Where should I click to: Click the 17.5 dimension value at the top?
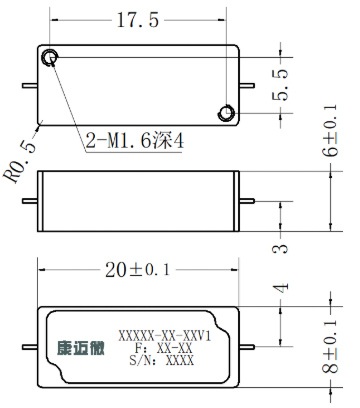pos(138,20)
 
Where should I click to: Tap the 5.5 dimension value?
pos(280,85)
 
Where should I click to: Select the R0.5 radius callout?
pos(20,163)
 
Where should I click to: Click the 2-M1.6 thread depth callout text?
pos(135,141)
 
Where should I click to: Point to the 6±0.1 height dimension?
pos(330,130)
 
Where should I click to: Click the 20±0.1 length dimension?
pos(138,270)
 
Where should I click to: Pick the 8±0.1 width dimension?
pos(330,347)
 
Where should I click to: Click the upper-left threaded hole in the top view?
pos(50,57)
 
